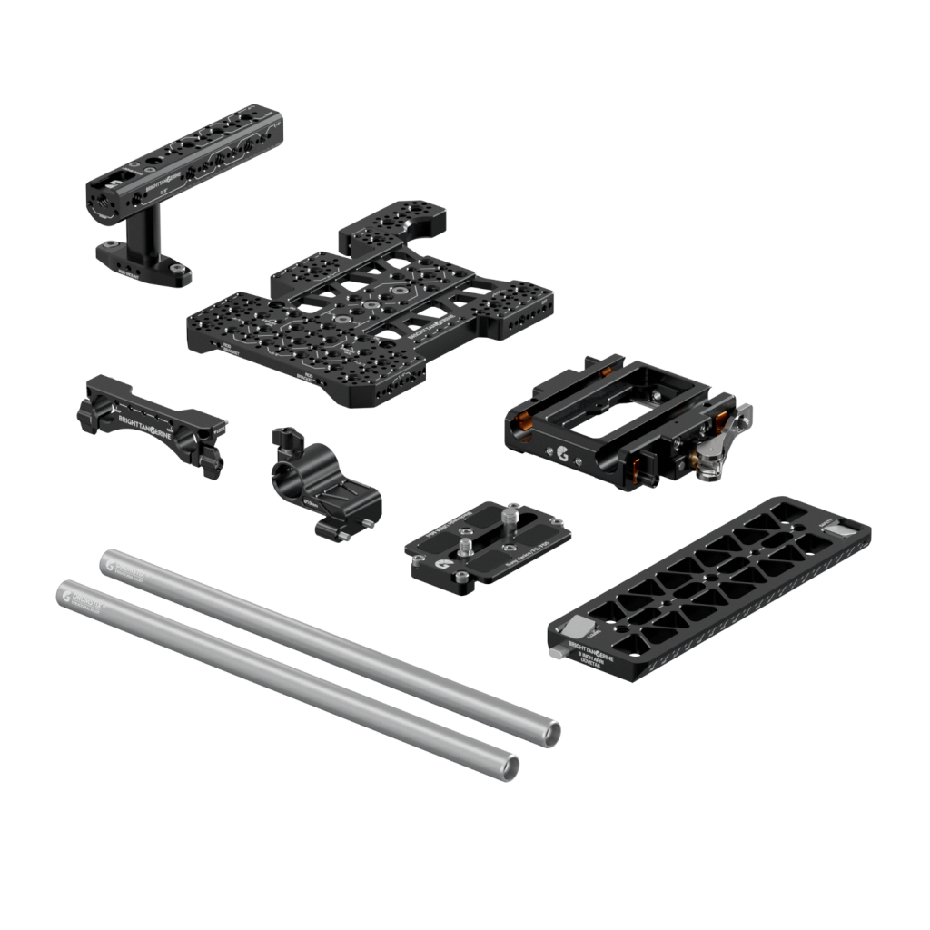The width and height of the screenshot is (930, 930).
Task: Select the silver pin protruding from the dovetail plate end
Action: (553, 653)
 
